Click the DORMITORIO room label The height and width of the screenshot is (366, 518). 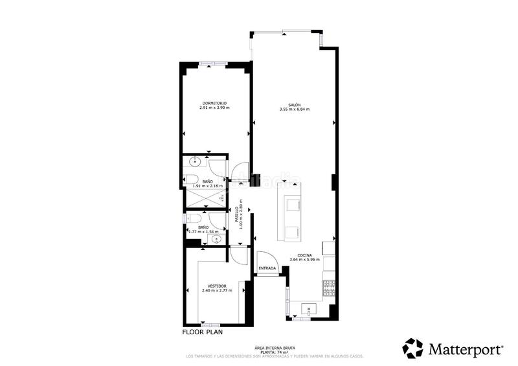214,102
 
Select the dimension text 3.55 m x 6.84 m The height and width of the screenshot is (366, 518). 295,109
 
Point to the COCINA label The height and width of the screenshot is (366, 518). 304,255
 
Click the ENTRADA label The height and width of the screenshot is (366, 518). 267,268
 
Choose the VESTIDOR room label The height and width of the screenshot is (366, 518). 217,286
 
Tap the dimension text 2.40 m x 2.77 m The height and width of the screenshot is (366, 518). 217,291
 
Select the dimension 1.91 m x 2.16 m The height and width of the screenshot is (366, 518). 208,187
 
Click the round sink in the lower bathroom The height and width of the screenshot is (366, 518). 216,239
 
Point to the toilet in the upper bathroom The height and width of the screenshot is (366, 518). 192,179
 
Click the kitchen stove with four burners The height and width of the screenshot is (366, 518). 329,284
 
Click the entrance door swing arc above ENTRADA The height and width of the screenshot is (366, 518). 264,257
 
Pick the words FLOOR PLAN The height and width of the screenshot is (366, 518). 203,332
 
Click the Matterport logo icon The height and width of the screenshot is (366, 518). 412,348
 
